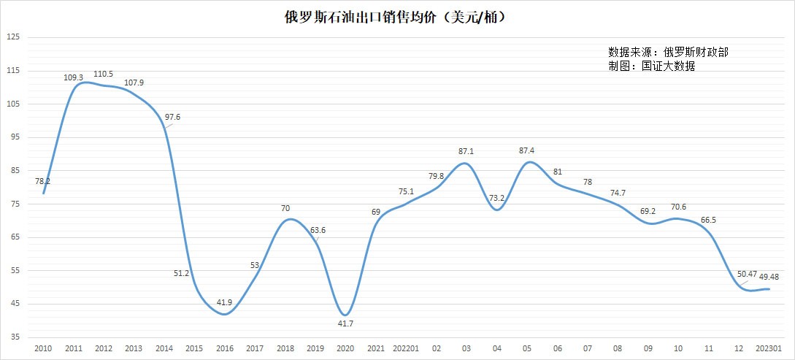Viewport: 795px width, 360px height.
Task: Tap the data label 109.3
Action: point(74,77)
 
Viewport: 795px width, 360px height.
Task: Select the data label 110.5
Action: point(104,74)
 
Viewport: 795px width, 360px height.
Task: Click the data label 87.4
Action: point(526,150)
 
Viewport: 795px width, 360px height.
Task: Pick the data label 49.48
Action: point(773,277)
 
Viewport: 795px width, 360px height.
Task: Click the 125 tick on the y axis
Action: point(13,37)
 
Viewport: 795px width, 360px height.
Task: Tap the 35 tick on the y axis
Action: point(15,337)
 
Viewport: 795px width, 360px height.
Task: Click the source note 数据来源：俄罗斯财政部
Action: point(667,53)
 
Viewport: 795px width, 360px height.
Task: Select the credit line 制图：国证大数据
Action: point(651,66)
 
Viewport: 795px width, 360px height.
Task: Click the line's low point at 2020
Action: point(346,315)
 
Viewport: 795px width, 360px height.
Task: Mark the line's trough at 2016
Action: point(226,314)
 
